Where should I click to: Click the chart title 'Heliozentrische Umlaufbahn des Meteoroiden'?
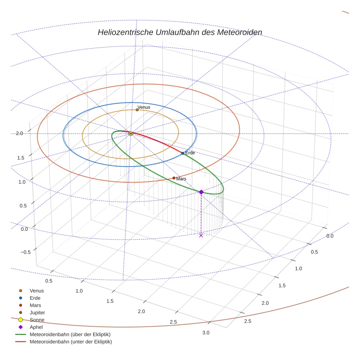coord(180,32)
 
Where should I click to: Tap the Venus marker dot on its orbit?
coord(137,110)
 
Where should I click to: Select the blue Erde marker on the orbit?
coord(183,153)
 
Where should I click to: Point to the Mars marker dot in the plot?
coord(174,178)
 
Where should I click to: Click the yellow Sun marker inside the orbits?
coord(131,134)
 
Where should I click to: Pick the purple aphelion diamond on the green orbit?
coord(201,192)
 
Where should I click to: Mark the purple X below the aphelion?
coord(201,236)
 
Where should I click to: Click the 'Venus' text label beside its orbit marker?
coord(144,107)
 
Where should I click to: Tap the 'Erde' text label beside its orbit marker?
coord(190,153)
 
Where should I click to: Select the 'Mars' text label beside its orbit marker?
coord(181,179)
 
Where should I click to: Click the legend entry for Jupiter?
coord(37,312)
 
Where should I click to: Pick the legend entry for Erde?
coord(35,298)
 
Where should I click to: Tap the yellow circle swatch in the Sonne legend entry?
coord(20,320)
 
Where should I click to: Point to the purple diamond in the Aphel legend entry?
coord(20,327)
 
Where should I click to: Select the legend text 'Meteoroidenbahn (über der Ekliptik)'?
coord(70,334)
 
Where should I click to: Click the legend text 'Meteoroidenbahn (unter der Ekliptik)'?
coord(71,342)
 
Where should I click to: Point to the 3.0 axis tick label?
coord(206,333)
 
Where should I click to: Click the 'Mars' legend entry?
coord(35,305)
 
